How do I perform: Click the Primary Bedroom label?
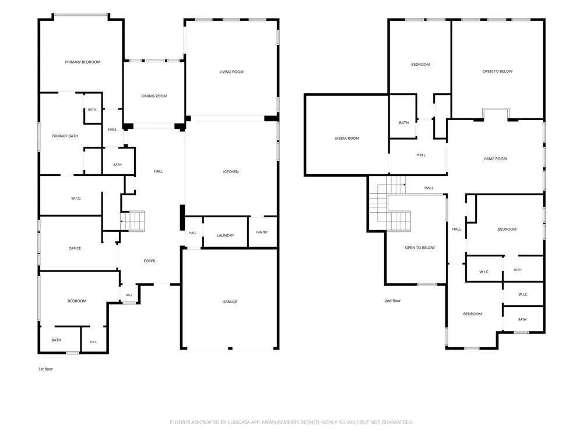click(x=83, y=62)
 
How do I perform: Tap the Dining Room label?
click(x=154, y=96)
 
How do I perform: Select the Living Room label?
click(x=231, y=72)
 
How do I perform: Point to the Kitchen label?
click(x=231, y=172)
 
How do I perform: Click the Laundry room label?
click(x=225, y=235)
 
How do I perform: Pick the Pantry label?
click(x=262, y=232)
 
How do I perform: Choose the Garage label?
click(x=230, y=302)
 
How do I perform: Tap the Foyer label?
click(x=149, y=261)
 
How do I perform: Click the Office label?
click(x=75, y=248)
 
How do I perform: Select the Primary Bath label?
click(x=65, y=136)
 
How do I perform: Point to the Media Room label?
click(x=347, y=138)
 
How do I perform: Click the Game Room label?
click(x=495, y=158)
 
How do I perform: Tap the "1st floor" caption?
click(x=45, y=369)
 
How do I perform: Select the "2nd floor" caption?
click(x=392, y=301)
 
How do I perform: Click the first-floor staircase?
click(x=133, y=221)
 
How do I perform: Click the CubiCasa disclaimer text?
click(x=291, y=422)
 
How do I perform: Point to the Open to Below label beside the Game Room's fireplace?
click(x=497, y=71)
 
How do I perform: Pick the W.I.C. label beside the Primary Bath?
click(x=76, y=199)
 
